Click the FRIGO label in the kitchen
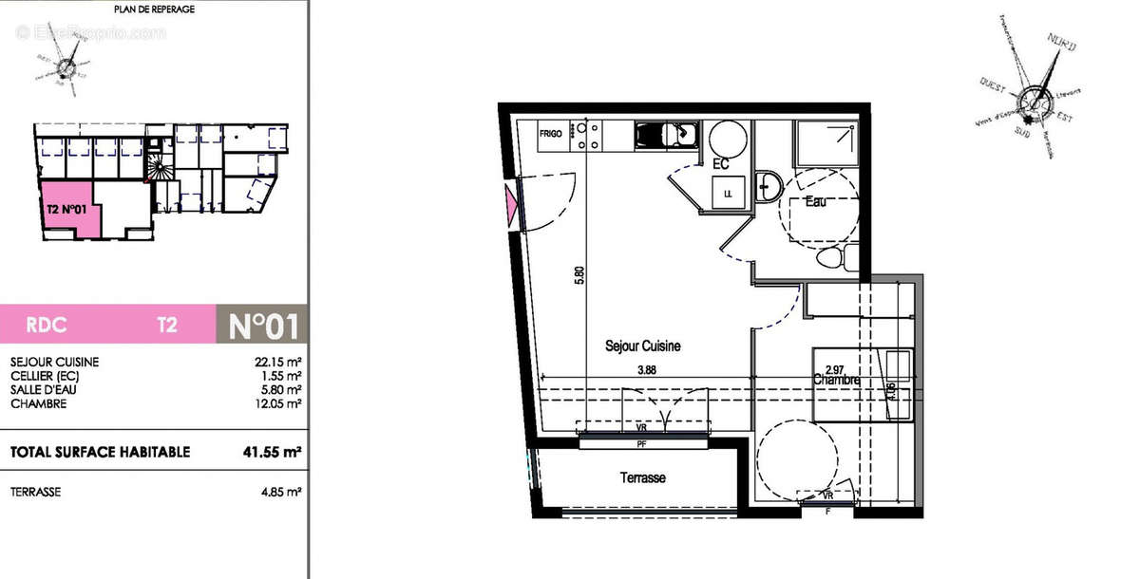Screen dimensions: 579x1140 tap(551, 135)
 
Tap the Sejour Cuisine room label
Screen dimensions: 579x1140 tap(643, 346)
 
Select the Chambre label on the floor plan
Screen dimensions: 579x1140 tap(836, 380)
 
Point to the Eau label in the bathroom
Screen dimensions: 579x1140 tap(814, 202)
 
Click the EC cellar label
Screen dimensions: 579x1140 tap(720, 164)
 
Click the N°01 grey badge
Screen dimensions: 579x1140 tap(263, 325)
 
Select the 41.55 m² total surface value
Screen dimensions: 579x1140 tap(273, 453)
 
